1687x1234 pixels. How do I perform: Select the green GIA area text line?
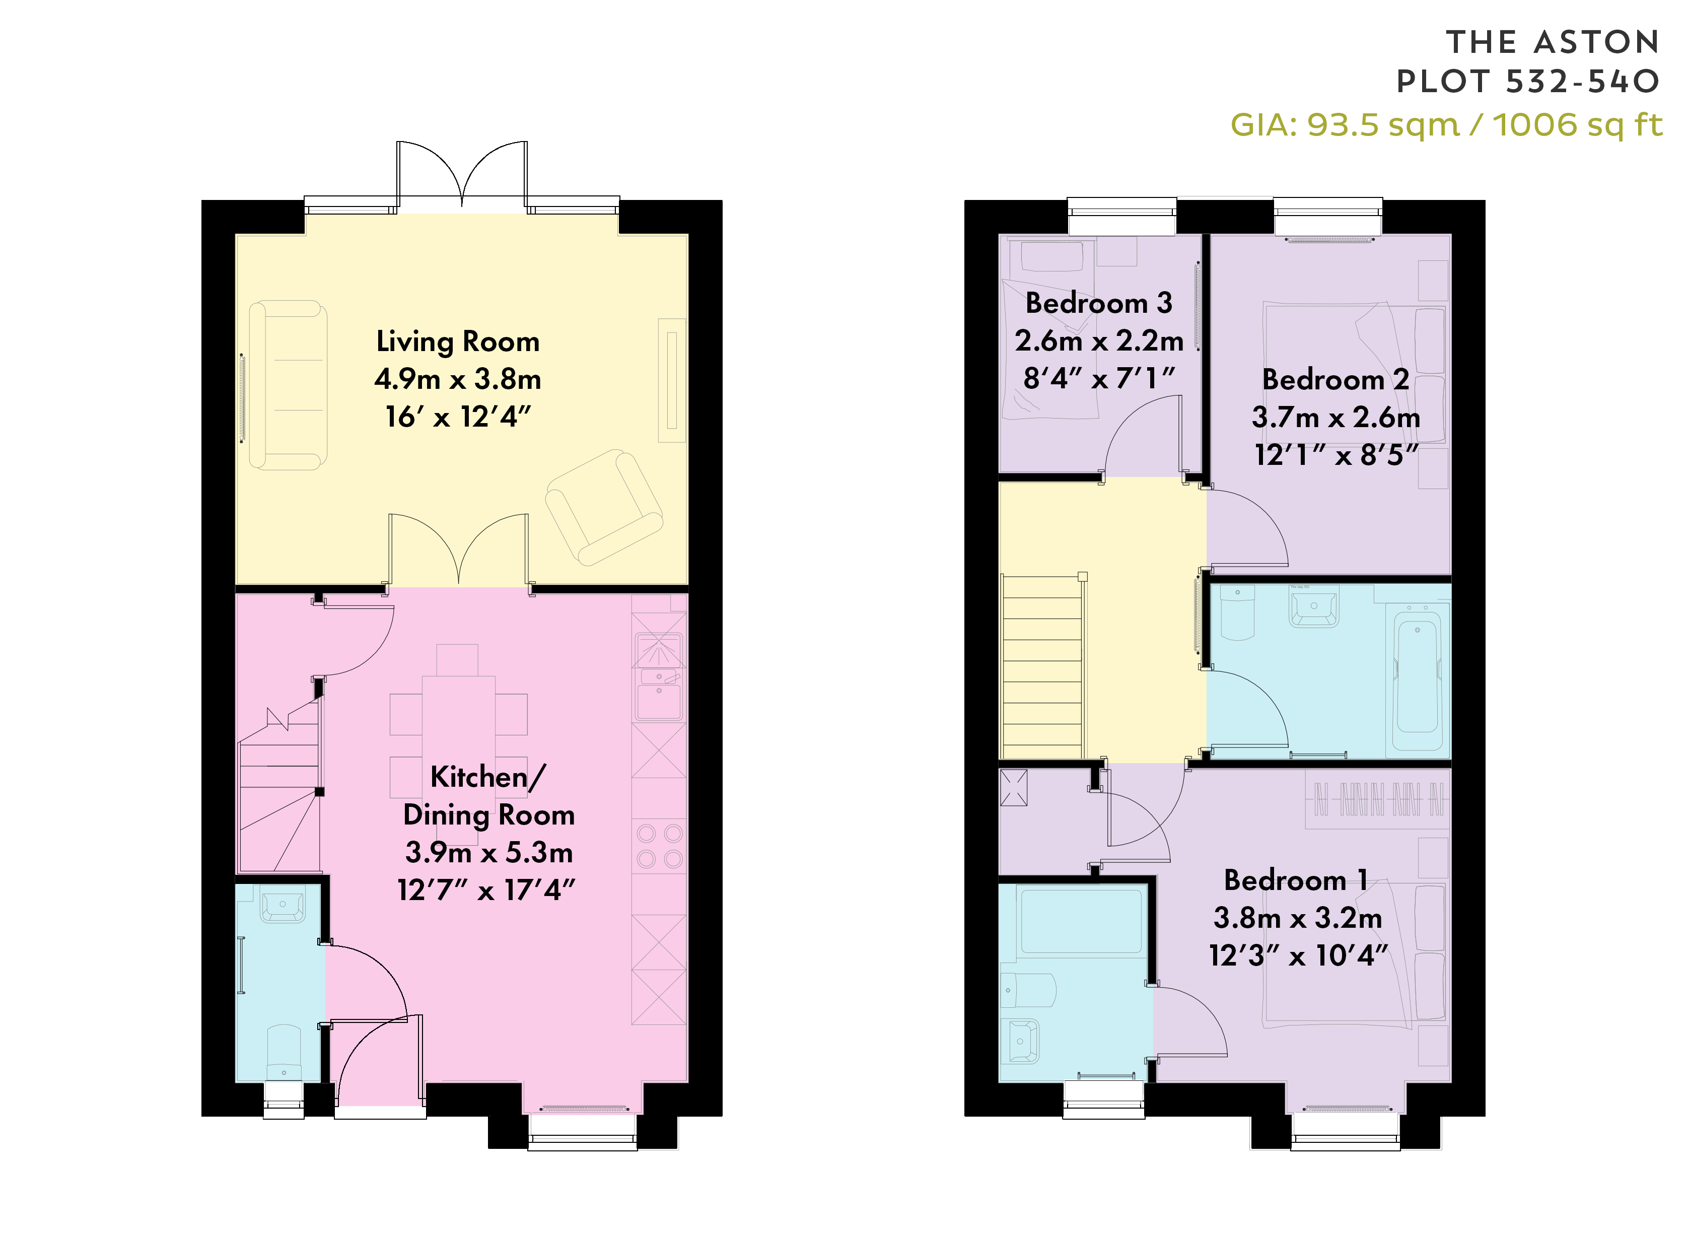pos(1446,125)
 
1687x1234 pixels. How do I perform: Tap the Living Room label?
pos(458,341)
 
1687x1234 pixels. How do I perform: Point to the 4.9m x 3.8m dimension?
pos(458,379)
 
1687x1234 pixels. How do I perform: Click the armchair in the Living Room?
pos(604,507)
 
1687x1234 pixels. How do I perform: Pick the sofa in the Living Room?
pos(288,385)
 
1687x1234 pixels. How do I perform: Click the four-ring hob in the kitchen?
pos(659,846)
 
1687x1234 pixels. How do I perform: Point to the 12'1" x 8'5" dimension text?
pos(1336,454)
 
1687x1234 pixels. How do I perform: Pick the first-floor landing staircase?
pos(1042,667)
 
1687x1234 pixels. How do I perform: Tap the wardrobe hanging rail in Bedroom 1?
pos(1378,799)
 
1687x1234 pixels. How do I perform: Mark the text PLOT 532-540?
pos(1528,82)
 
